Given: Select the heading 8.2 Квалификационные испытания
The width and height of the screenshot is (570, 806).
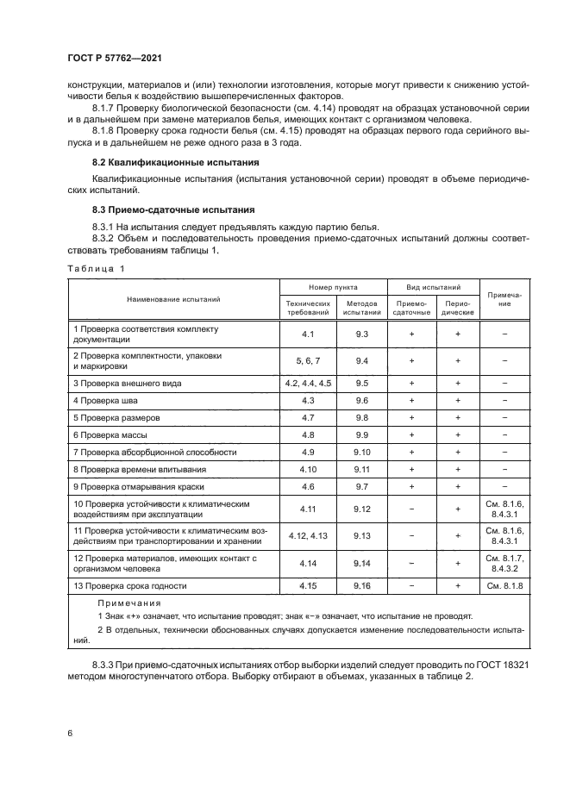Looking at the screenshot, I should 163,162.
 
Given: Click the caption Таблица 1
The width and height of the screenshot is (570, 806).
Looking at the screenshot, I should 96,268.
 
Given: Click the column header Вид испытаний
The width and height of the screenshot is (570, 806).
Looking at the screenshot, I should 432,286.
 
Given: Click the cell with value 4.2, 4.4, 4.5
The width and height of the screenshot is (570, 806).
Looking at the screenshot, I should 308,382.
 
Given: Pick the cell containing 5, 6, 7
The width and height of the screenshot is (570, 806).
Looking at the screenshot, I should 308,360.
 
